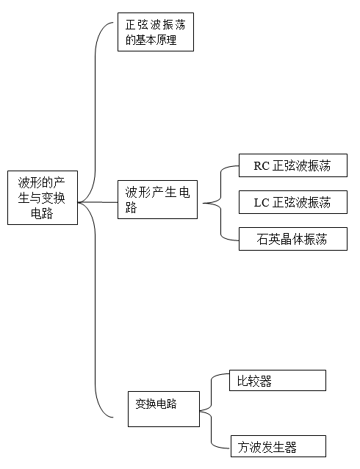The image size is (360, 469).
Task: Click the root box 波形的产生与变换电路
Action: pyautogui.click(x=43, y=198)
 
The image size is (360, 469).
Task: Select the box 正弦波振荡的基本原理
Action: pyautogui.click(x=156, y=32)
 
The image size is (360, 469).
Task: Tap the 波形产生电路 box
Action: pyautogui.click(x=157, y=199)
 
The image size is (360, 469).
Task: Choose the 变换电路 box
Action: pyautogui.click(x=164, y=409)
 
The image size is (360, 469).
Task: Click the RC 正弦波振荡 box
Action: pyautogui.click(x=293, y=165)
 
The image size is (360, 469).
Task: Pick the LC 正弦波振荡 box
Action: pyautogui.click(x=293, y=202)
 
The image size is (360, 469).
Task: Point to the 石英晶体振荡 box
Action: pyautogui.click(x=293, y=239)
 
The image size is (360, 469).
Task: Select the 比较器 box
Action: pyautogui.click(x=278, y=381)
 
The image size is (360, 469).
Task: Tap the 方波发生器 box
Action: pyautogui.click(x=278, y=446)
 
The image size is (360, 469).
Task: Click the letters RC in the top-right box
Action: pyautogui.click(x=262, y=166)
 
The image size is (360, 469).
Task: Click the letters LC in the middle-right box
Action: pyautogui.click(x=262, y=203)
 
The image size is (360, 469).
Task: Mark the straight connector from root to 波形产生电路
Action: pyautogui.click(x=98, y=202)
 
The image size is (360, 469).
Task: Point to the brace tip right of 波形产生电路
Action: pyautogui.click(x=204, y=203)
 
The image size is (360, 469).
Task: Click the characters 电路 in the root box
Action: pyautogui.click(x=42, y=214)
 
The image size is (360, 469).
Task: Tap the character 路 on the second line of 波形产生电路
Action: pyautogui.click(x=131, y=207)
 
